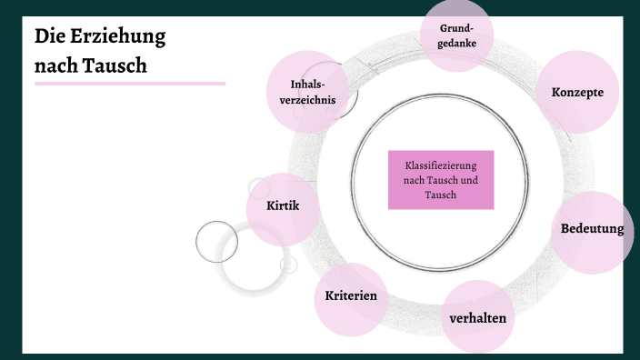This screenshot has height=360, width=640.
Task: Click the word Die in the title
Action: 48,37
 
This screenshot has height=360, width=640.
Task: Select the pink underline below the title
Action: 130,83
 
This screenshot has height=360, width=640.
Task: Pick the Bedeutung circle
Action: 592,231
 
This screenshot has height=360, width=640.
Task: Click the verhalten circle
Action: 477,318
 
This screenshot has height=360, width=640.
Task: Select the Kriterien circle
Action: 350,297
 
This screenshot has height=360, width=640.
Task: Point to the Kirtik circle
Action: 282,208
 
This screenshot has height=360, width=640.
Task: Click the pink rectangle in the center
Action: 441,180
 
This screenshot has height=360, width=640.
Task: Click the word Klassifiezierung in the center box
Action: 441,167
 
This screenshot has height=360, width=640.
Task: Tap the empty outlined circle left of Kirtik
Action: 216,242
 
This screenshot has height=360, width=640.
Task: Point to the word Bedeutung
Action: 592,228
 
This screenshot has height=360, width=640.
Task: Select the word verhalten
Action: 477,318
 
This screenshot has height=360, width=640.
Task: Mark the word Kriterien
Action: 350,296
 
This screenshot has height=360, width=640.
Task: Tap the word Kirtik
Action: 282,205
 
